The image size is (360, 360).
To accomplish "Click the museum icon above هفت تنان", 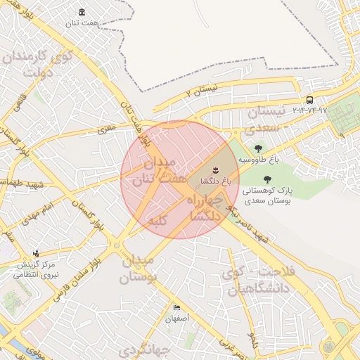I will tap(84, 13).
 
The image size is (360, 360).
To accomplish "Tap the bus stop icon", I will tap(310, 101).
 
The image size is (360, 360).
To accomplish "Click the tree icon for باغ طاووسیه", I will tap(259, 148).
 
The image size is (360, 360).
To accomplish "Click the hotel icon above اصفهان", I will tap(176, 308).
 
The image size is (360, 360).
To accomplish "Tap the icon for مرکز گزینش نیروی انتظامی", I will tap(36, 253).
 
